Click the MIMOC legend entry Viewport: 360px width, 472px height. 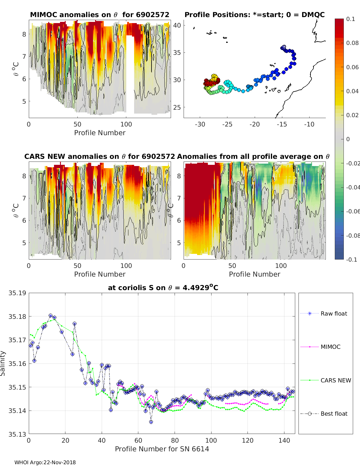coord(330,347)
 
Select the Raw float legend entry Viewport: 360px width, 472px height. coord(334,313)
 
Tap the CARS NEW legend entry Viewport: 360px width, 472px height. coord(335,380)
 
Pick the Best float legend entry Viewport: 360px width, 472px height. coord(334,414)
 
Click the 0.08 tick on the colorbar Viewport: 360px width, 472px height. coord(352,43)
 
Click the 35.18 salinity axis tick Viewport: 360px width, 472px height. coord(17,316)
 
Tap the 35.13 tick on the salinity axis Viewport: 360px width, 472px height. coord(17,434)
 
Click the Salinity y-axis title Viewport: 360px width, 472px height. coord(3,363)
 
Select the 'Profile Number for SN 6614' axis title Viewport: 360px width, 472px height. coord(162,449)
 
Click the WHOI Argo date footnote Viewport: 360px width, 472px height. coord(45,462)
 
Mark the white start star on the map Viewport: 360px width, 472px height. coord(283,47)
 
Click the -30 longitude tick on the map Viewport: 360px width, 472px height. coord(200,124)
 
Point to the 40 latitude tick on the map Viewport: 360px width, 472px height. coord(177,25)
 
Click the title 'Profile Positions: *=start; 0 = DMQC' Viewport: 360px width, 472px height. coord(254,15)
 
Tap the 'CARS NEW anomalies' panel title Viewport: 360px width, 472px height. coord(99,156)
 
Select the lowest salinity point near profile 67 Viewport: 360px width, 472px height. coord(151,422)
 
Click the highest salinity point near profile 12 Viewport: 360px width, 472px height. coord(50,316)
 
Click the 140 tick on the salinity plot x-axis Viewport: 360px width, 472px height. coord(284,441)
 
